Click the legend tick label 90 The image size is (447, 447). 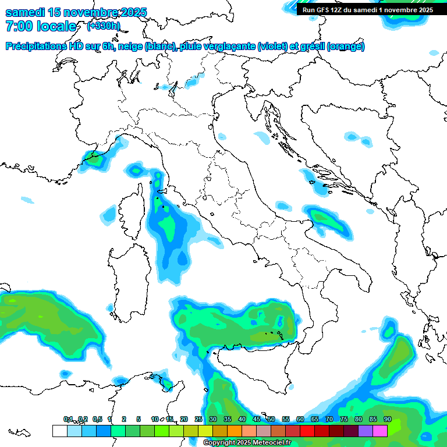pyautogui.click(x=387, y=419)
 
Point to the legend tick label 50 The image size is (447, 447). pyautogui.click(x=271, y=419)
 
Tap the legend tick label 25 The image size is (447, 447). pyautogui.click(x=198, y=419)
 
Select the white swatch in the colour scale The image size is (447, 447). pyautogui.click(x=59, y=431)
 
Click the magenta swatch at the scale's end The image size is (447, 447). pyautogui.click(x=379, y=431)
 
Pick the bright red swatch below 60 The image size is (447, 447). pyautogui.click(x=307, y=431)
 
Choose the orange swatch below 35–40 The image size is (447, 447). pyautogui.click(x=234, y=431)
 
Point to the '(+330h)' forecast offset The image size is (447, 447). pyautogui.click(x=104, y=26)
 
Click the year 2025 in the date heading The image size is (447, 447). pyautogui.click(x=130, y=12)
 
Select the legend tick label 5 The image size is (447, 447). pyautogui.click(x=139, y=419)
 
